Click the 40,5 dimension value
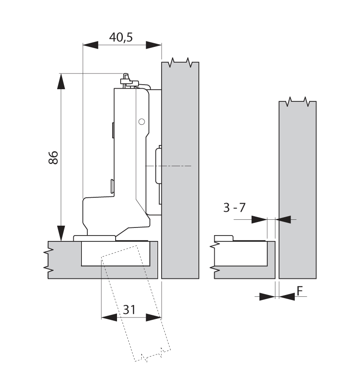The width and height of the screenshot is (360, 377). tap(121, 37)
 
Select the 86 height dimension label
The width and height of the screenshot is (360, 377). tap(53, 158)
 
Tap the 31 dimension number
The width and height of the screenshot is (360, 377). tap(129, 309)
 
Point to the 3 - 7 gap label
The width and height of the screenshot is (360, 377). tap(234, 208)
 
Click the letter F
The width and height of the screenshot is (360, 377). tap(300, 291)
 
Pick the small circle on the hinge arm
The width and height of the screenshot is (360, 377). tap(142, 122)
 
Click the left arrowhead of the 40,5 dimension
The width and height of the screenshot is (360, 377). tap(90, 45)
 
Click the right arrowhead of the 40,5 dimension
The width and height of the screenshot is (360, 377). tap(154, 45)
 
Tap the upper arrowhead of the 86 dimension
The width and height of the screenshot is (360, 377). tap(61, 81)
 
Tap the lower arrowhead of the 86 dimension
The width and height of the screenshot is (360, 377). tap(61, 233)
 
